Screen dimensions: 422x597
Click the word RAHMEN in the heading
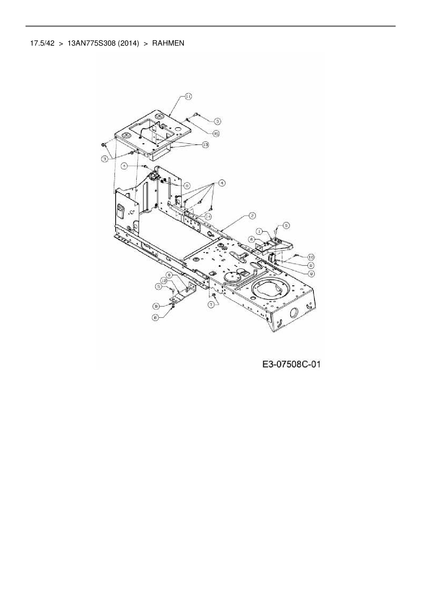point(168,44)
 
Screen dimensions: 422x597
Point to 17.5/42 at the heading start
point(42,44)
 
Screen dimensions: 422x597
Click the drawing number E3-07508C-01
point(291,365)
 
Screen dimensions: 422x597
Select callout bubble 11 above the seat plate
point(188,97)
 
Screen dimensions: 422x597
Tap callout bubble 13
point(205,145)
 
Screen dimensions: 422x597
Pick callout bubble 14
point(208,216)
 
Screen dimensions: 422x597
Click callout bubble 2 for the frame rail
point(252,215)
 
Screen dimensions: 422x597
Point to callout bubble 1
point(259,231)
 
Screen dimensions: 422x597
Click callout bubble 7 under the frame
point(212,305)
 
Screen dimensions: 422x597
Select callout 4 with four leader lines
point(222,183)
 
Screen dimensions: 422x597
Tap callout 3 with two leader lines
point(106,159)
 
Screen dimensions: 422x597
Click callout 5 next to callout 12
point(158,287)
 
